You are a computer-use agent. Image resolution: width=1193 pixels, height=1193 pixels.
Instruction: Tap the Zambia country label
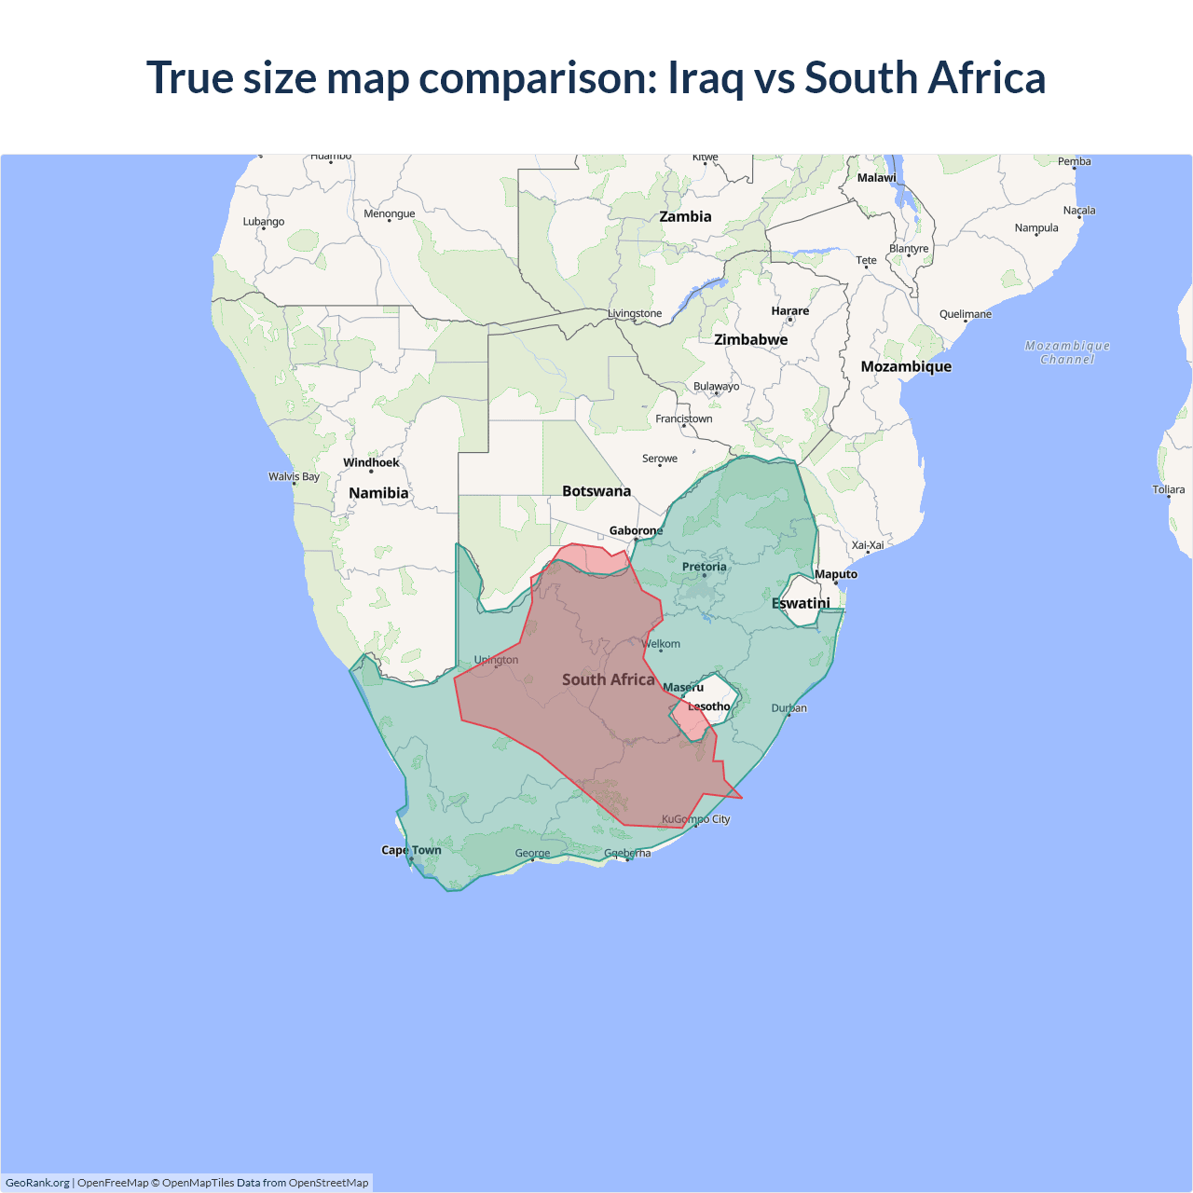tap(685, 217)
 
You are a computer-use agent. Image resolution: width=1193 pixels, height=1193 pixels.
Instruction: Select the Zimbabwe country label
tap(750, 340)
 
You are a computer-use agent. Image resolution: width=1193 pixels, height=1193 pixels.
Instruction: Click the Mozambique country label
tap(906, 367)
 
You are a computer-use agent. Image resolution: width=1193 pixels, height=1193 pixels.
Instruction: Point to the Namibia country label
tap(378, 493)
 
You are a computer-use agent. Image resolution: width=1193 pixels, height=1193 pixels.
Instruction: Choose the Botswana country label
tap(596, 491)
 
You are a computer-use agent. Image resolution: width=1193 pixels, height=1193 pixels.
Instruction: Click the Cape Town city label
tap(411, 850)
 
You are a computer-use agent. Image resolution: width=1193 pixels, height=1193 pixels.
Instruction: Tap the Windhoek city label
tap(371, 462)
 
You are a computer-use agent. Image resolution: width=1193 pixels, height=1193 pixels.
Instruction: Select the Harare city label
tap(789, 311)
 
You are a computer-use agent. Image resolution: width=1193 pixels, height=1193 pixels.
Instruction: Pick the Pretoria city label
tap(704, 567)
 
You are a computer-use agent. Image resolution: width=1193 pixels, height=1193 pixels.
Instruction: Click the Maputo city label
tap(835, 574)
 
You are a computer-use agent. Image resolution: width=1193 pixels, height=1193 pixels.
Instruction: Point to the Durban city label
tap(788, 708)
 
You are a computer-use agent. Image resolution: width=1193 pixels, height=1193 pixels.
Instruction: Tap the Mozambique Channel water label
tap(1067, 352)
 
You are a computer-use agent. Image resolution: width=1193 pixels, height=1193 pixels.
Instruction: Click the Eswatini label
tap(801, 604)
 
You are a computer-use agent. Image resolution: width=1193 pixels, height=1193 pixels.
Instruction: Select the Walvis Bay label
tap(294, 476)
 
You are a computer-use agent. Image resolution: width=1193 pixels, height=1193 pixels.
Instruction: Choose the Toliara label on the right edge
tap(1168, 489)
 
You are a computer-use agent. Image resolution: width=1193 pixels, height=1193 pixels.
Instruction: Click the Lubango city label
tap(264, 222)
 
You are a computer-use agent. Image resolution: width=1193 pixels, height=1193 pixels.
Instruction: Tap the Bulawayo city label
tap(716, 387)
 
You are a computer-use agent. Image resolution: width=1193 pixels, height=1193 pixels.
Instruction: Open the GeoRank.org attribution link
tap(37, 1183)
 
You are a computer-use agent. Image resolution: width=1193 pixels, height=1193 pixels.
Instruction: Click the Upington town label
tap(496, 660)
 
